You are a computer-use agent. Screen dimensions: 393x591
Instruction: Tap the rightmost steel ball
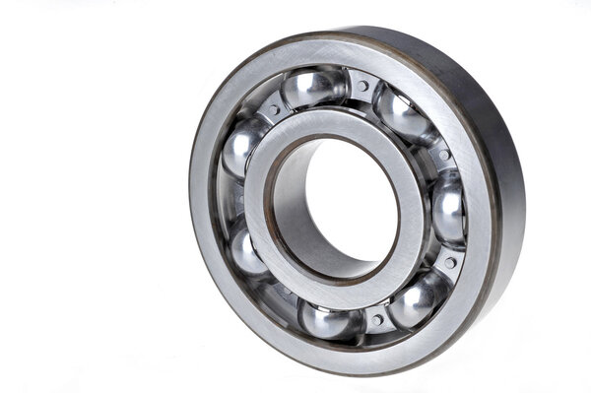(x=448, y=208)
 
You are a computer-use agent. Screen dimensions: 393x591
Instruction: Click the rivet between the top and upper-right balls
(x=363, y=87)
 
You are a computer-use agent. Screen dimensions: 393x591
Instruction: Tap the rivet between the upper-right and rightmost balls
(x=444, y=156)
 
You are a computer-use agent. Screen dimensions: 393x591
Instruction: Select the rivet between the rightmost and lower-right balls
(x=449, y=263)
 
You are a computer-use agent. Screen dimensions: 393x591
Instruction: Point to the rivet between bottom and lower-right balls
(x=376, y=320)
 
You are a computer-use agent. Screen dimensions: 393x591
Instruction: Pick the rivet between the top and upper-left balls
(x=273, y=109)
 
